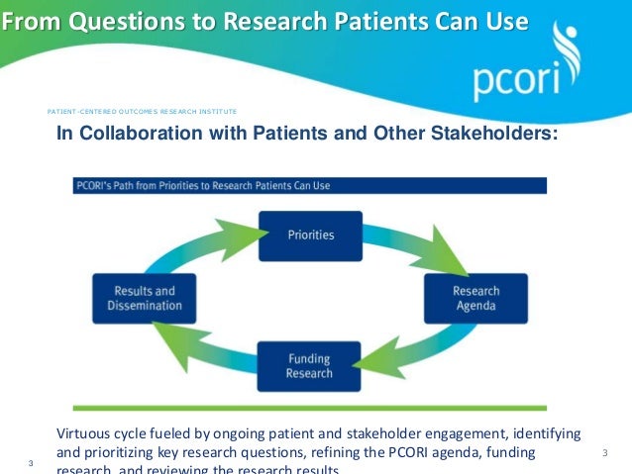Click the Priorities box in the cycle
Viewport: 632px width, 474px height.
tap(310, 236)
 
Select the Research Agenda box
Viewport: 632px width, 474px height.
tap(475, 298)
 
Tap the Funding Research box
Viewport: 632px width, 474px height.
tap(309, 366)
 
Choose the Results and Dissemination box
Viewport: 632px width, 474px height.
tap(145, 298)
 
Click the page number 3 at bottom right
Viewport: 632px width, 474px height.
tap(604, 453)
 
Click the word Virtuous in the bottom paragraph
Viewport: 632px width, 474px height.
tap(85, 434)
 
